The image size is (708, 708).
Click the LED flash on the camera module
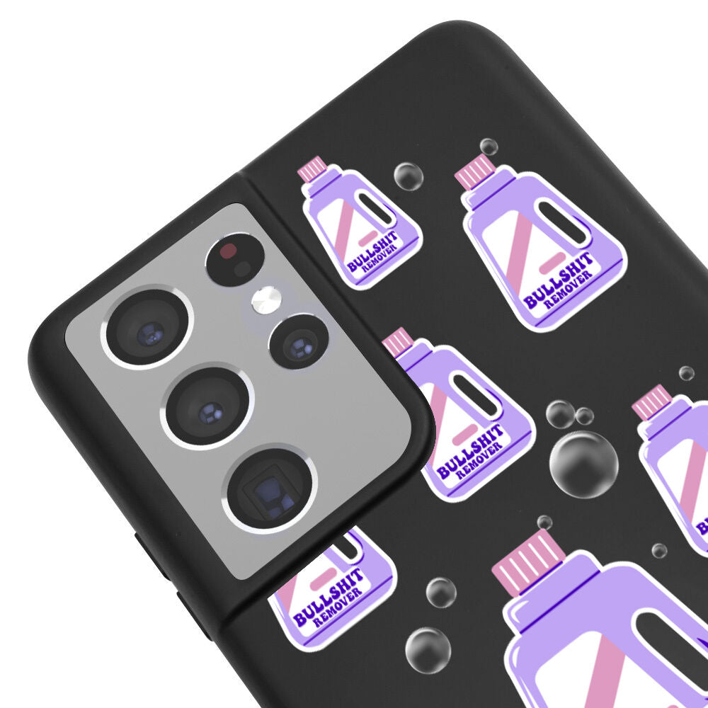tap(266, 300)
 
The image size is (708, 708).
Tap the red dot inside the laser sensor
tap(229, 250)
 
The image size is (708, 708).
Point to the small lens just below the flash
tap(299, 342)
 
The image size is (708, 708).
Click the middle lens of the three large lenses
tap(207, 409)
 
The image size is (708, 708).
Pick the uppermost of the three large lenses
tap(148, 326)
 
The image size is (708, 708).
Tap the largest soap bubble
tap(583, 464)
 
